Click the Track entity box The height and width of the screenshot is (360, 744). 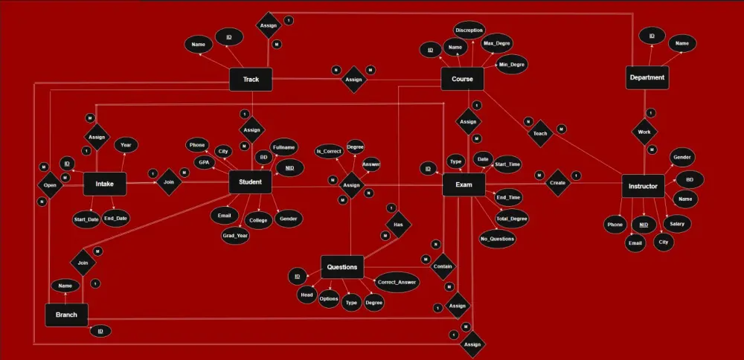pyautogui.click(x=251, y=79)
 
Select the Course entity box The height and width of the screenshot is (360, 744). pyautogui.click(x=463, y=79)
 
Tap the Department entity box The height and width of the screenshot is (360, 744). pyautogui.click(x=647, y=77)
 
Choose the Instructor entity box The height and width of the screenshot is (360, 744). pyautogui.click(x=642, y=186)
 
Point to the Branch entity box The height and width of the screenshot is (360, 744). pyautogui.click(x=66, y=315)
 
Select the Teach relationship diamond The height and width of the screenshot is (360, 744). pyautogui.click(x=540, y=133)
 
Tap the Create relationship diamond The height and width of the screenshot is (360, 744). pyautogui.click(x=557, y=182)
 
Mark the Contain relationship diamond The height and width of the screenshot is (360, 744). pyautogui.click(x=442, y=266)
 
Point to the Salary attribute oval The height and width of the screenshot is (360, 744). pyautogui.click(x=676, y=223)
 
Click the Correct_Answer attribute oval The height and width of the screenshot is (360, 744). pyautogui.click(x=397, y=282)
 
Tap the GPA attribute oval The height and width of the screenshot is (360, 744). pyautogui.click(x=203, y=162)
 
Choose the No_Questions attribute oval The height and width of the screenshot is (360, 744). pyautogui.click(x=497, y=239)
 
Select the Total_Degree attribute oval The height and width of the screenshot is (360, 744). pyautogui.click(x=512, y=219)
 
